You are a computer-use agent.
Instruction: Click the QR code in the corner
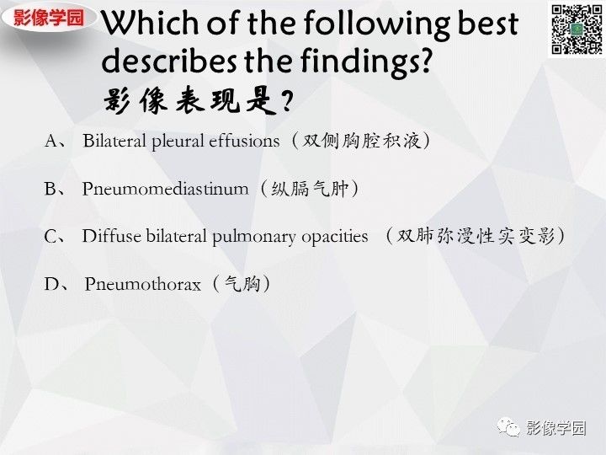[577, 29]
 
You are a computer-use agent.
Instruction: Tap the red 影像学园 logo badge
[49, 18]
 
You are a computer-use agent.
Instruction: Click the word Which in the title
[151, 24]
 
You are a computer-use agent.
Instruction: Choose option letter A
[51, 141]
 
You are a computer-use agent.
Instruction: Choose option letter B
[50, 189]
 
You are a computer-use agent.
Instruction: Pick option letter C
[51, 236]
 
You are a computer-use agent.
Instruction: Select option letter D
[51, 284]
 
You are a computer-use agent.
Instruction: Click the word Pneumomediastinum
[166, 189]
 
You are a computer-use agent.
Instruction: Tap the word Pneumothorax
[142, 284]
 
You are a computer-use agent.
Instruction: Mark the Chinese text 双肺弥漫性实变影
[476, 236]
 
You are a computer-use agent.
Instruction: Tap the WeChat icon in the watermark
[508, 428]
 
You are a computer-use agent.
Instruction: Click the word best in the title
[487, 24]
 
